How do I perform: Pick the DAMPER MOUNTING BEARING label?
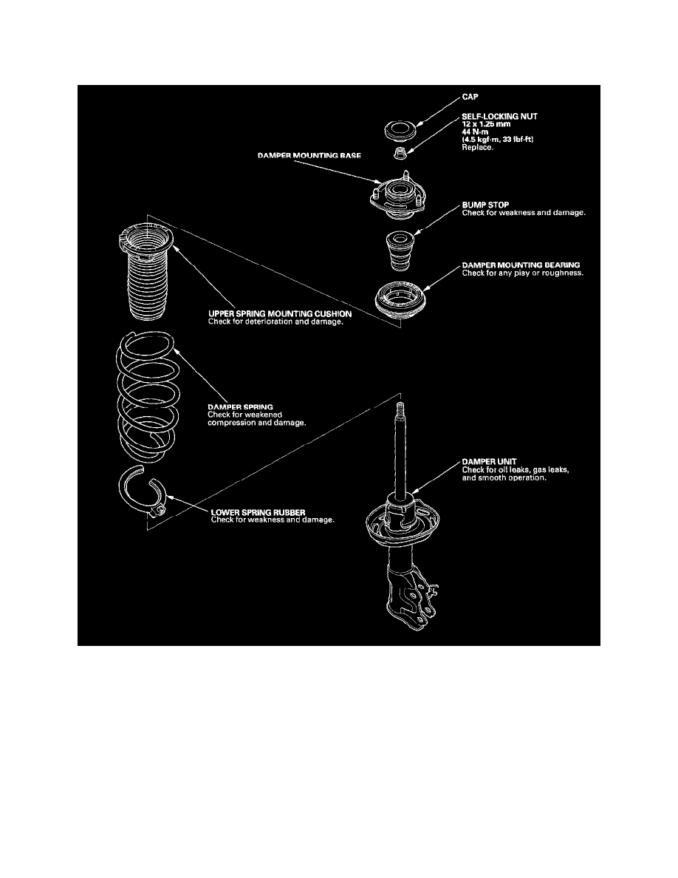(521, 265)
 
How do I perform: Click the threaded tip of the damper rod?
(400, 409)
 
